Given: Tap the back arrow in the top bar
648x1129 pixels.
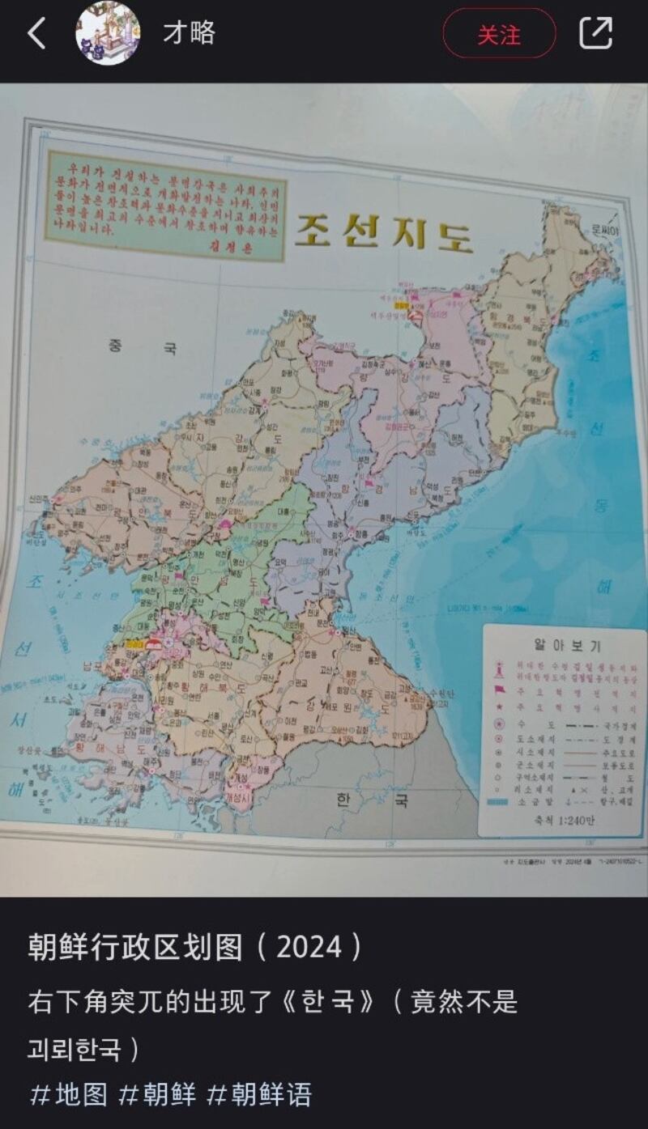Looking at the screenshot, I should point(36,34).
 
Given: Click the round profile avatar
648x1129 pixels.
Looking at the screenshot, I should point(108,34).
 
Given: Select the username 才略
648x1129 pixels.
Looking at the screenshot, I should point(189,33).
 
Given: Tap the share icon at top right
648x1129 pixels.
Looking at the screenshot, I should point(595,33).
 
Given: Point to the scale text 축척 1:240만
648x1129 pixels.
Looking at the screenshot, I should point(558,818).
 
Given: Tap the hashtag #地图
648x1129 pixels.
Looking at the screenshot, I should point(69,1095).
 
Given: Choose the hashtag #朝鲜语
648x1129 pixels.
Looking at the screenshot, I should point(260,1095).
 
